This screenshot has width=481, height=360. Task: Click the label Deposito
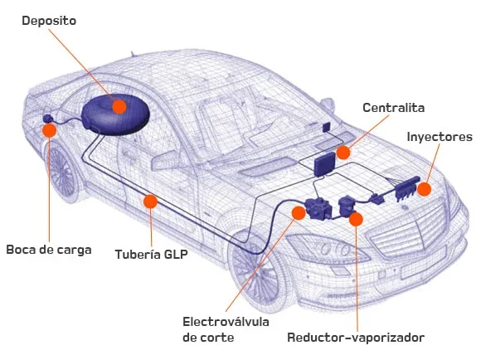tap(49, 22)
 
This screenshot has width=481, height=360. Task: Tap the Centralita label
tap(394, 108)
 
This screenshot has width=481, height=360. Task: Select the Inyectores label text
tap(440, 137)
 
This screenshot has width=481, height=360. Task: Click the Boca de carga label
tap(49, 250)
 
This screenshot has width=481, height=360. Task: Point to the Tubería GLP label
tap(151, 255)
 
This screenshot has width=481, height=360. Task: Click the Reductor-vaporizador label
tap(356, 338)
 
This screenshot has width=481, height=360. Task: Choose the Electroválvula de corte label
tap(226, 329)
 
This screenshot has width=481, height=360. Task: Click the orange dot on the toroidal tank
tap(119, 106)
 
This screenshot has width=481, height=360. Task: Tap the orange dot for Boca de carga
tap(50, 130)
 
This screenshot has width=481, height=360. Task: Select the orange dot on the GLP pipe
tap(150, 202)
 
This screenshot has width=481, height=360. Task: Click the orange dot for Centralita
tap(343, 153)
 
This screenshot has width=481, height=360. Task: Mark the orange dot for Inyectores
tap(425, 189)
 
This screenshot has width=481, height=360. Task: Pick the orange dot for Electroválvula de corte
tap(299, 213)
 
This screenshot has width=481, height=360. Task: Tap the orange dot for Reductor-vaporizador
tap(356, 219)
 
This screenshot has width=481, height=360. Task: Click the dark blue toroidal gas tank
tap(115, 115)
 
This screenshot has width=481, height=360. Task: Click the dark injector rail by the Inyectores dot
tap(407, 188)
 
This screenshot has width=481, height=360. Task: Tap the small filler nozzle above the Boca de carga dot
tap(48, 119)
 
